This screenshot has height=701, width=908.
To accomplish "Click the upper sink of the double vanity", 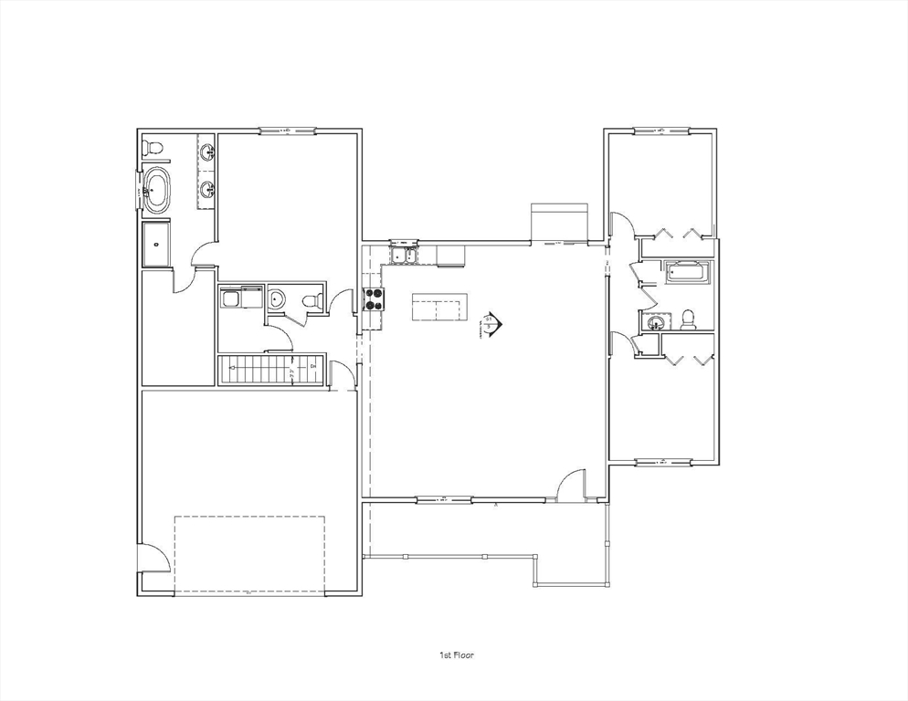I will click(207, 152).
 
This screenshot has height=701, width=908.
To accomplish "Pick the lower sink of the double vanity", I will click(207, 190).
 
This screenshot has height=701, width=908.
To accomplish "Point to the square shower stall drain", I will click(156, 244).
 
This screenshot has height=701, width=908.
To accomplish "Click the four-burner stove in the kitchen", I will click(374, 299).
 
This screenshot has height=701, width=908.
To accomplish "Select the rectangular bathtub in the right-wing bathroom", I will click(687, 271).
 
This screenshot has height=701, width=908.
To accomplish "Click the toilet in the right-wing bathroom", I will click(688, 319).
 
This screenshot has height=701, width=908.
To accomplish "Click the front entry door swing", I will click(572, 485).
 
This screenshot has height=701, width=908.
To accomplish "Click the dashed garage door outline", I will click(249, 555).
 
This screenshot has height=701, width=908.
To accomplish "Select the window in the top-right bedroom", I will click(660, 131).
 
